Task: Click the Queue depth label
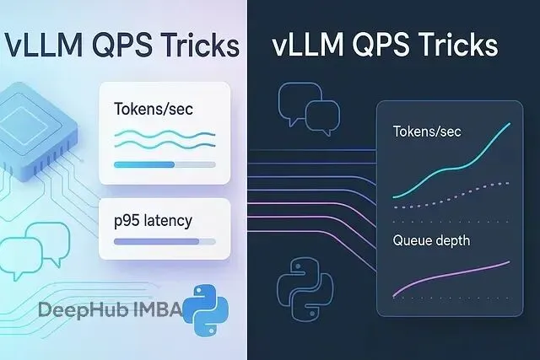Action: (x=430, y=240)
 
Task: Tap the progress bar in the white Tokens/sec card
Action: (x=164, y=164)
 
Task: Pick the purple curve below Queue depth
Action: (x=451, y=277)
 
